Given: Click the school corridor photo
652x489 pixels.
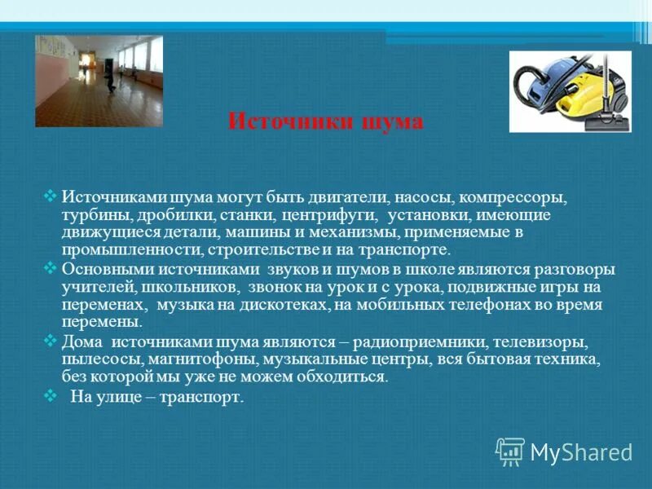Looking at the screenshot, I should [x=99, y=81].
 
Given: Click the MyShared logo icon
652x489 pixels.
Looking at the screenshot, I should [x=510, y=451].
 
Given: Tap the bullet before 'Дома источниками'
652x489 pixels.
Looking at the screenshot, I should [x=48, y=341].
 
